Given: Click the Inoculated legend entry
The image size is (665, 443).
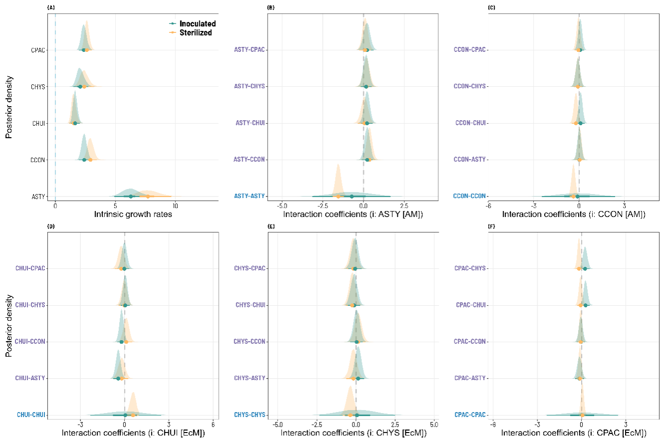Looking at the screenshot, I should [197, 23].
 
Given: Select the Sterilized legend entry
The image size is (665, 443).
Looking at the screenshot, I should [196, 33].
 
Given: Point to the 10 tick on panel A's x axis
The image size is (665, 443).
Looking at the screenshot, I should [175, 205].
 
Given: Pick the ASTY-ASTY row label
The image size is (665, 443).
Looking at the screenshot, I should [249, 197].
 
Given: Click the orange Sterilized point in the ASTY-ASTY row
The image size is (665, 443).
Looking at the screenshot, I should [338, 197].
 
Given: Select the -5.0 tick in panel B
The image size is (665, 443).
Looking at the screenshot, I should [282, 205].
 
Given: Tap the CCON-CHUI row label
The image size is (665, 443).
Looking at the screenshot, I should [469, 123].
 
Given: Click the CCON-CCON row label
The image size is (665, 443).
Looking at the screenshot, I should [469, 197].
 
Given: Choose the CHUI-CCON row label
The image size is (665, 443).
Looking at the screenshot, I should [30, 342].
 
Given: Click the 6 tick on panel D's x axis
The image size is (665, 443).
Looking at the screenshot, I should [213, 424].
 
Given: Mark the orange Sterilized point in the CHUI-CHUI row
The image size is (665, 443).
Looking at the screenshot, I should [133, 415].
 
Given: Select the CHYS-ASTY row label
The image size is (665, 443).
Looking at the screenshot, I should [250, 378].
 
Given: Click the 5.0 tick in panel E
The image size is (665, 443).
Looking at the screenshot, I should [434, 424].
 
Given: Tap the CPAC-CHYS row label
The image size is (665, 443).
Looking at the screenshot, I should [470, 268].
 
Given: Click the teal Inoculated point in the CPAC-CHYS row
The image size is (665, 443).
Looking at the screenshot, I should [585, 268].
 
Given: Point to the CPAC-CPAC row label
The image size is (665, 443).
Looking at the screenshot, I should [470, 415].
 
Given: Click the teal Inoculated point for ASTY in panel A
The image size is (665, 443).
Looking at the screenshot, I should [131, 197].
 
